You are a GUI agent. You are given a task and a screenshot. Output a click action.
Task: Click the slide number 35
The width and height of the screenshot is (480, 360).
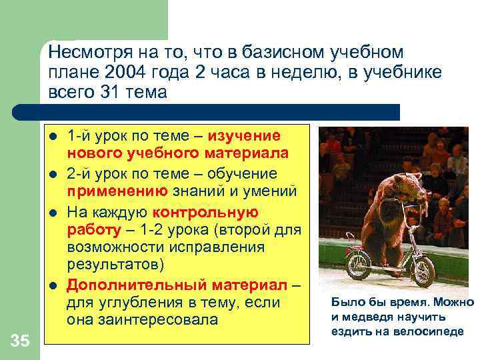coord(20,341)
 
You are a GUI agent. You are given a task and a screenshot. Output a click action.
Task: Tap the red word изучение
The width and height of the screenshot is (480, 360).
coord(244,136)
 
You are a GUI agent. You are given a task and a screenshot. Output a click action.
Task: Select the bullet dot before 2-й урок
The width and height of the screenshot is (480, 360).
coord(53,175)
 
